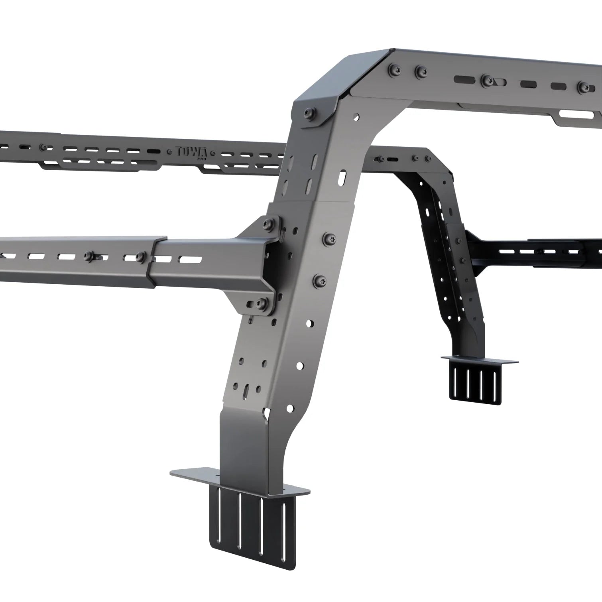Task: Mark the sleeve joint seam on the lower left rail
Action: [153, 261]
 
